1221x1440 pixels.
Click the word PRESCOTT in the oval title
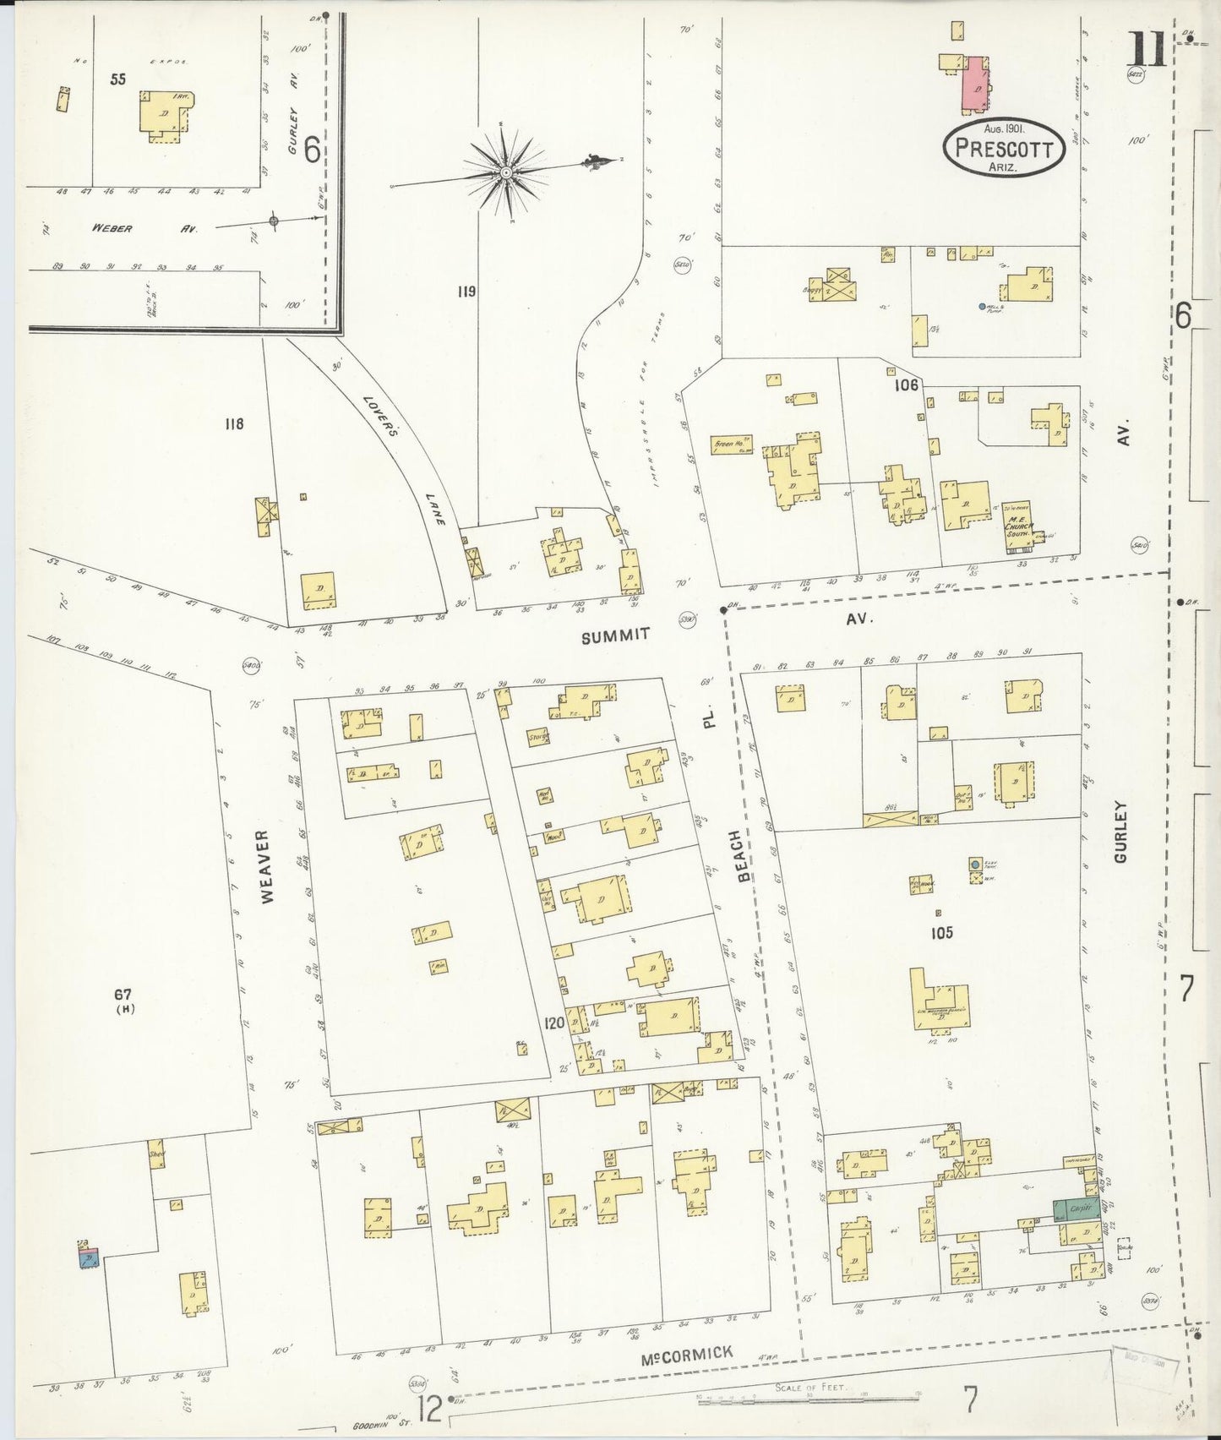[1003, 150]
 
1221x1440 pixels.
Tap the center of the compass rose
[505, 172]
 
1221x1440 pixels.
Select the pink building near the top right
[977, 85]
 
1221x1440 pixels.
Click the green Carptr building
[1075, 1209]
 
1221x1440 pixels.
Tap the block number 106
[906, 385]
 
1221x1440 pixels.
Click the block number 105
[940, 933]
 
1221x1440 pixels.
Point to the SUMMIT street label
[616, 635]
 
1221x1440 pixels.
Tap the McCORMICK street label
[685, 1354]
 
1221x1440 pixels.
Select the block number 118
[233, 423]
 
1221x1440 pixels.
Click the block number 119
[466, 292]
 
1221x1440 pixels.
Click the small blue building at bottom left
[89, 1259]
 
